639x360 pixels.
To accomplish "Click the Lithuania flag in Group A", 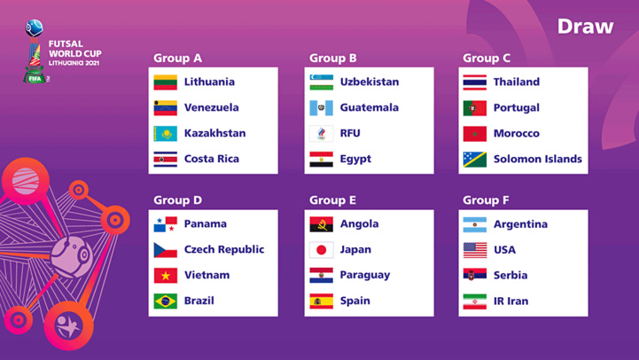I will (166, 82).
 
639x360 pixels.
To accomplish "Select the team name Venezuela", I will (211, 107).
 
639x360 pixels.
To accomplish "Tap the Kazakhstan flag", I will (166, 134).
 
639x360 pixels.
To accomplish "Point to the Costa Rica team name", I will (211, 159).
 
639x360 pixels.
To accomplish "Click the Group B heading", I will (332, 59).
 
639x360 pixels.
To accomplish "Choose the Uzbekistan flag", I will (321, 82).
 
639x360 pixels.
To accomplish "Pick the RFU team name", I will (350, 134).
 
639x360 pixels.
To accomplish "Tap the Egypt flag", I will (321, 160).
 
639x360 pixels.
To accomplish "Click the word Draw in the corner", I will (585, 27).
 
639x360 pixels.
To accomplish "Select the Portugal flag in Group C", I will (474, 108).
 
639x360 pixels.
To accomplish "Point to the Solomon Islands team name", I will (537, 159).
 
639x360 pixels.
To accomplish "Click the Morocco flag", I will (474, 134).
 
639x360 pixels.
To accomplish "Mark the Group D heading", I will (177, 200).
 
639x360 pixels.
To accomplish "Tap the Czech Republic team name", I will (223, 249).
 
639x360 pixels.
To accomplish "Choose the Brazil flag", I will (166, 301).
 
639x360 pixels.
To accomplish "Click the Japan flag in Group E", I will (321, 250).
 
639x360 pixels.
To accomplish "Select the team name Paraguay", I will (364, 275).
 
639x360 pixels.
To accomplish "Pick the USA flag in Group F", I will (474, 250).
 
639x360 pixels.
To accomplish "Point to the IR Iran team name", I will (510, 301).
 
